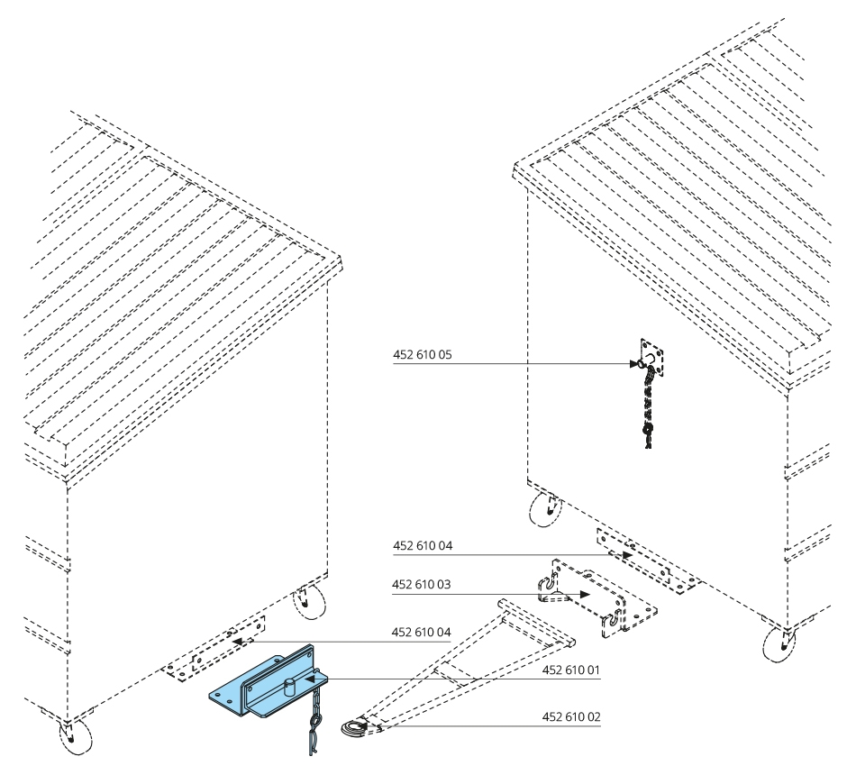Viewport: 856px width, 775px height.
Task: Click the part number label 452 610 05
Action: point(422,354)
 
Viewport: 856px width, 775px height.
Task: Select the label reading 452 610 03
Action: point(422,584)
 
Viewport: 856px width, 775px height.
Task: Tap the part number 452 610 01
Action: point(571,670)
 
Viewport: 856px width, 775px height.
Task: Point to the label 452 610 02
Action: point(571,716)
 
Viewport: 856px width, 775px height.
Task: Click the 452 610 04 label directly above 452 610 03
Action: point(423,545)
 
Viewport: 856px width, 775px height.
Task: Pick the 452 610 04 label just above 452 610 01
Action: point(422,632)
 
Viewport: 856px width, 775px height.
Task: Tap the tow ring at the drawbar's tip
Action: point(355,728)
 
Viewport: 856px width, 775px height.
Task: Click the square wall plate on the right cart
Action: point(652,358)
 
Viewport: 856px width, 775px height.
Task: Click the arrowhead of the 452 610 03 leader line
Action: point(584,594)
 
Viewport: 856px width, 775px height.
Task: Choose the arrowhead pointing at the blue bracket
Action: point(310,679)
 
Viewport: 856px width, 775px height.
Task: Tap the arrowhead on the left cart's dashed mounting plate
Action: point(238,642)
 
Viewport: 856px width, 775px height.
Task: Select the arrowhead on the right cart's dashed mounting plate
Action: point(627,555)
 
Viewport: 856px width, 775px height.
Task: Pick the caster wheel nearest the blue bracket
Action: point(308,603)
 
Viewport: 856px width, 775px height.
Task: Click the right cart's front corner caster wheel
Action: point(779,644)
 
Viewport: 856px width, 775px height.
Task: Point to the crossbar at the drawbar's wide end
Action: point(536,623)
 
